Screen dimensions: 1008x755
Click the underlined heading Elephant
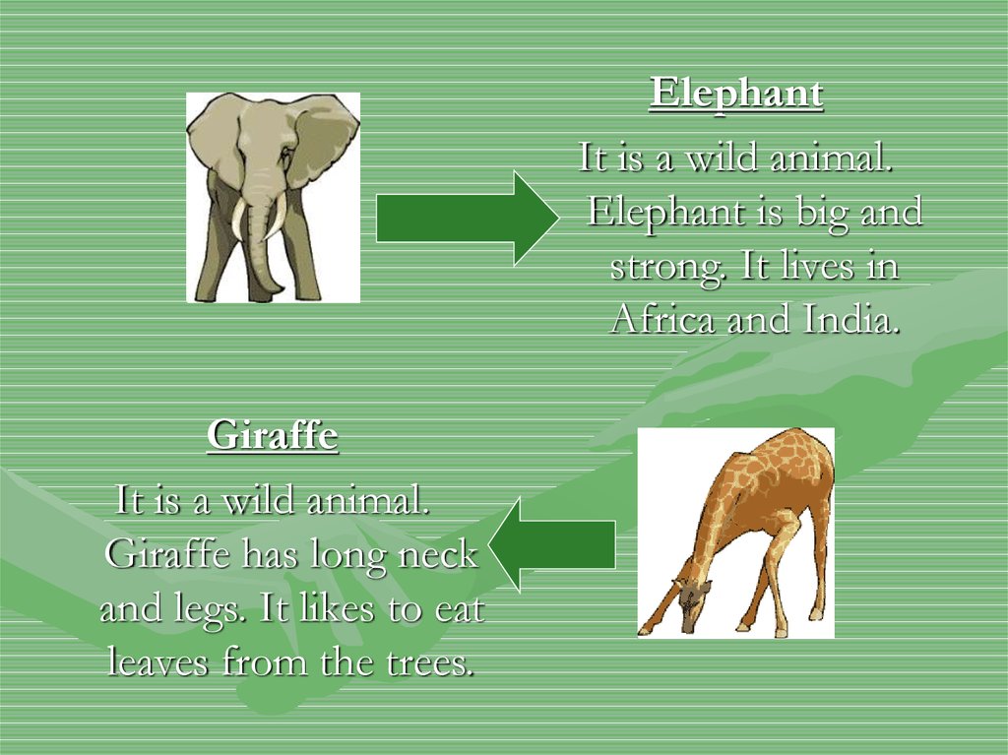click(x=736, y=94)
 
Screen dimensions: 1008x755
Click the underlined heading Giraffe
click(x=273, y=435)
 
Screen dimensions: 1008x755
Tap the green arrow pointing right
click(x=468, y=218)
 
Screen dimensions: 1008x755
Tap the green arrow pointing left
click(x=551, y=544)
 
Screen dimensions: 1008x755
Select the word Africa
click(x=662, y=318)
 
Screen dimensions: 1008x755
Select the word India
click(x=850, y=318)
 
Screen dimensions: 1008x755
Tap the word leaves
click(x=158, y=661)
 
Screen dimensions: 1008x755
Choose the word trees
click(x=430, y=662)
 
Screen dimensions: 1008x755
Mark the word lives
click(x=817, y=266)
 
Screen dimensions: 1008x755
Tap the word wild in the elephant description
click(x=721, y=157)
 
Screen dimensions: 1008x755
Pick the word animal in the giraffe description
click(x=368, y=500)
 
